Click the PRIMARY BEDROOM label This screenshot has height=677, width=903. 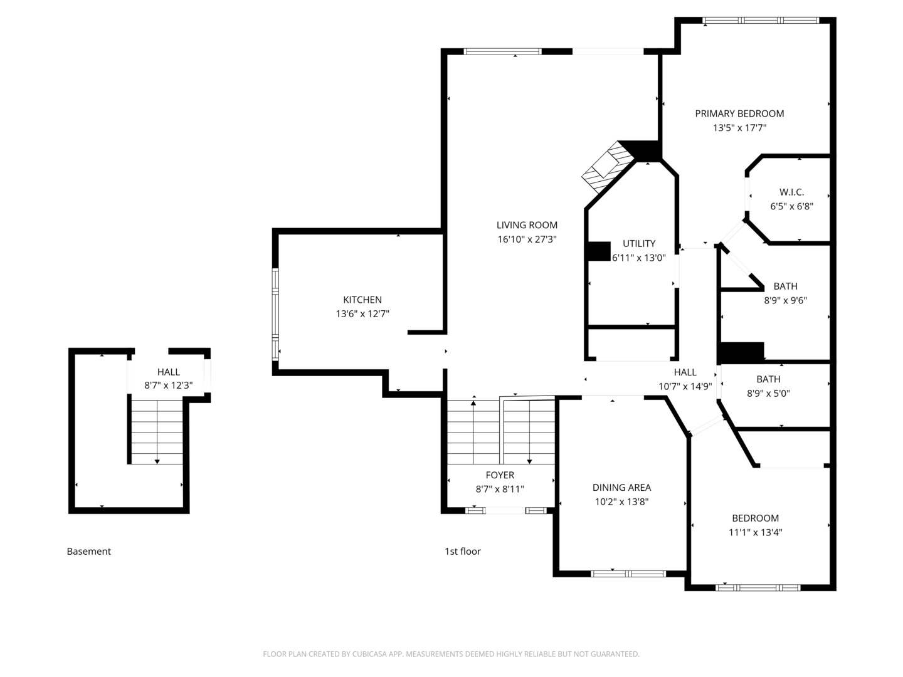(739, 113)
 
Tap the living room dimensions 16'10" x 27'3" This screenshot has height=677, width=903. (527, 239)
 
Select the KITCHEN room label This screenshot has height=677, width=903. (362, 300)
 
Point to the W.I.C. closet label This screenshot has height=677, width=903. (791, 192)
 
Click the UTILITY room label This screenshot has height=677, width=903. (639, 243)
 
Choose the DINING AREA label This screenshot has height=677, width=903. (621, 488)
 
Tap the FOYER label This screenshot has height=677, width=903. (500, 475)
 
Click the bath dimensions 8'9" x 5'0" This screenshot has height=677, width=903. (768, 394)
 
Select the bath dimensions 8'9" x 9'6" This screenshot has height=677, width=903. (785, 300)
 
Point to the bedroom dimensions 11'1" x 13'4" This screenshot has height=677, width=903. (755, 532)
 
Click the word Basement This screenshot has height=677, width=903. (89, 551)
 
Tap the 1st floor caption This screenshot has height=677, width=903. (462, 551)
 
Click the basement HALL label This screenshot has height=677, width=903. (168, 372)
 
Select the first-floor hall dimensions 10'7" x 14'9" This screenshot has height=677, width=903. (685, 386)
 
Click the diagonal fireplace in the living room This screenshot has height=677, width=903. (607, 167)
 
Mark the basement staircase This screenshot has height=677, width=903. (157, 433)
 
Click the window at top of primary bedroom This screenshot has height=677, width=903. (761, 20)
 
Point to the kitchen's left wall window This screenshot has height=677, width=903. (275, 315)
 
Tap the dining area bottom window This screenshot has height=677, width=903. (628, 574)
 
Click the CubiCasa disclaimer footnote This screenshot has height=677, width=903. (451, 654)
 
